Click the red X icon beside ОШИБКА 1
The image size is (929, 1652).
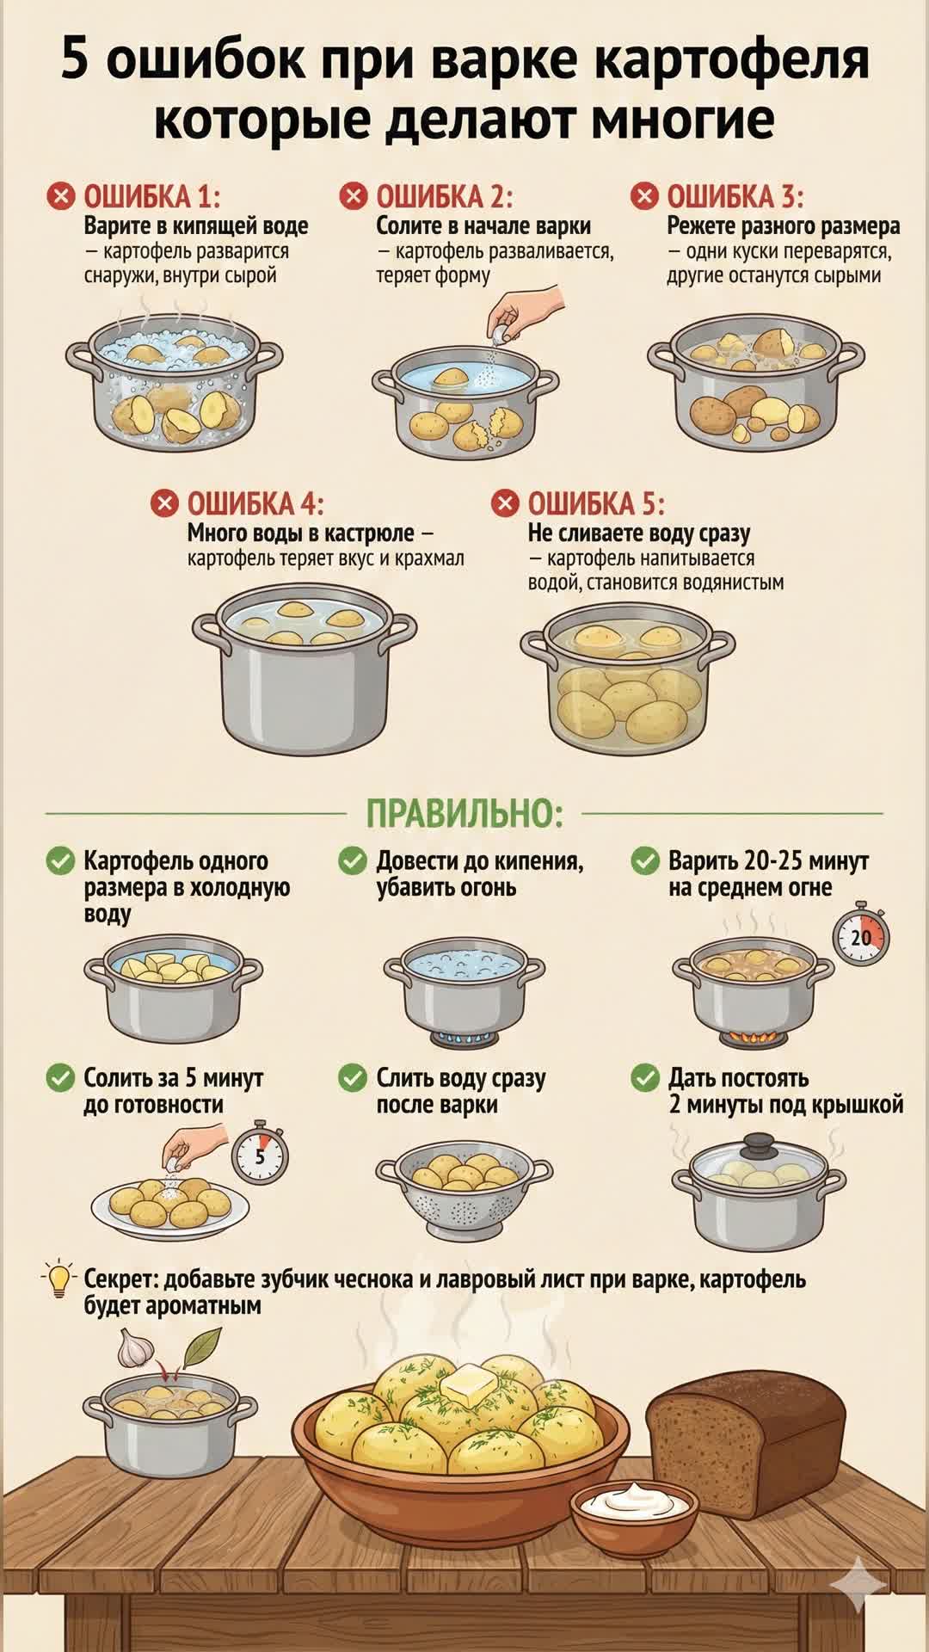pyautogui.click(x=60, y=196)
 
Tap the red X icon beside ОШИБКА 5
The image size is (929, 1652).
pyautogui.click(x=505, y=503)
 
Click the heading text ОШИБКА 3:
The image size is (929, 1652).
pyautogui.click(x=735, y=197)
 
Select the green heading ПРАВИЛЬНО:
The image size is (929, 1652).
pyautogui.click(x=464, y=813)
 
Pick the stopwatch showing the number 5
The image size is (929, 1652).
pyautogui.click(x=260, y=1155)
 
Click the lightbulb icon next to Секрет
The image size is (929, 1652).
pyautogui.click(x=58, y=1280)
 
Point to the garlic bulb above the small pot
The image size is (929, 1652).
pyautogui.click(x=133, y=1348)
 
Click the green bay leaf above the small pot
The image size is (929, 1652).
pyautogui.click(x=201, y=1345)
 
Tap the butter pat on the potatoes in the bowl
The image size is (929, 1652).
pyautogui.click(x=469, y=1384)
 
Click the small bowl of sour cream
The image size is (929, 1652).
pyautogui.click(x=636, y=1508)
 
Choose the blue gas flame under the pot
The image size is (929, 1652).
pyautogui.click(x=464, y=1039)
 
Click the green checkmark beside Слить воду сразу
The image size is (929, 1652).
pyautogui.click(x=353, y=1078)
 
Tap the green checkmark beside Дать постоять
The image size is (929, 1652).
pyautogui.click(x=645, y=1078)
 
